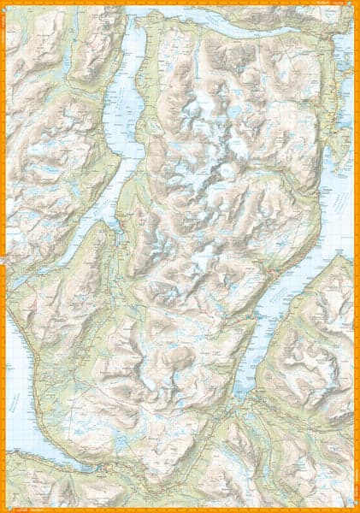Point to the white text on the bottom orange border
point(34,509)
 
